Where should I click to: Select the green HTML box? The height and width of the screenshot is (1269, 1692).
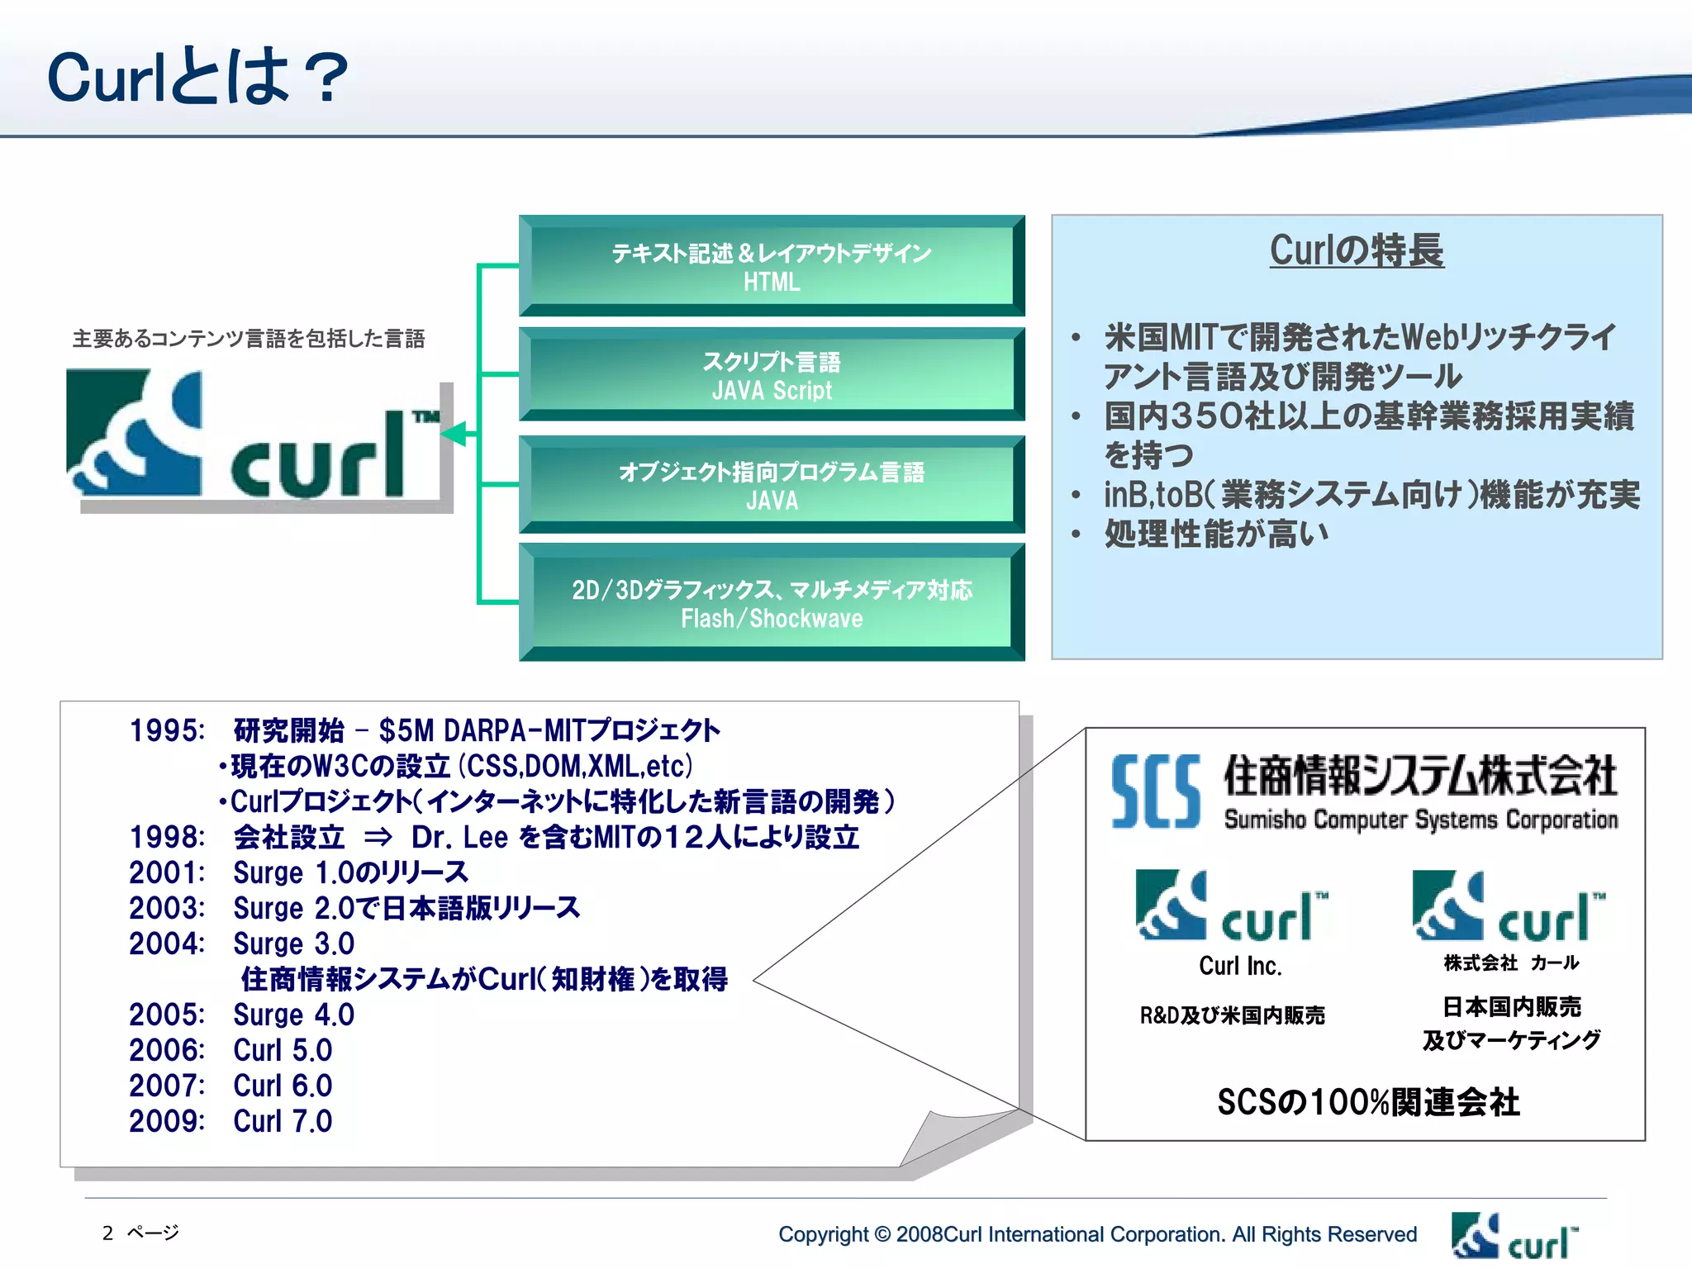pos(772,266)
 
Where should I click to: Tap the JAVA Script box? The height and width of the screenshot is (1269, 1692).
pos(772,375)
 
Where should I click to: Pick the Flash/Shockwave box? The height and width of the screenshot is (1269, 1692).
pos(772,603)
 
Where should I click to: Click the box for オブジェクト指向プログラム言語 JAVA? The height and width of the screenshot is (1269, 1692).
pos(772,485)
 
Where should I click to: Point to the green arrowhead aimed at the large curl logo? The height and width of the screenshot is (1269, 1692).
pos(454,433)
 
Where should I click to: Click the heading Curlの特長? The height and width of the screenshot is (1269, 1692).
pos(1357,250)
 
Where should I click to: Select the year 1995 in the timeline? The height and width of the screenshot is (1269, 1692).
pos(166,731)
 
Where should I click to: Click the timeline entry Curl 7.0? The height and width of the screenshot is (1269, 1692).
pos(283,1121)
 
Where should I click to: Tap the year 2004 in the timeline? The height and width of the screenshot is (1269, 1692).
pos(166,943)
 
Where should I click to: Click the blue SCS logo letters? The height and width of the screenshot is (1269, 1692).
pos(1155,791)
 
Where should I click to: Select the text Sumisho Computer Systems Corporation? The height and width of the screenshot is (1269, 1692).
pos(1420,820)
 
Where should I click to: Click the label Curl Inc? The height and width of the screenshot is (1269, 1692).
pos(1240,966)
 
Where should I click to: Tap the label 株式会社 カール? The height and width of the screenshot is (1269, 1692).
pos(1511,962)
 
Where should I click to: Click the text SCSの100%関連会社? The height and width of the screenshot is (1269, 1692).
pos(1368,1102)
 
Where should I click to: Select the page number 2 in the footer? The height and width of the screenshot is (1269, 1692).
pos(107,1233)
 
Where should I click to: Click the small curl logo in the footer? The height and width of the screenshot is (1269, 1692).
pos(1514,1237)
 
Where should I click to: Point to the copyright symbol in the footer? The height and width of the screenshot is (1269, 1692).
pos(882,1234)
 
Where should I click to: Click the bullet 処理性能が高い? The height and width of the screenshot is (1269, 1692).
pos(1216,535)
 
